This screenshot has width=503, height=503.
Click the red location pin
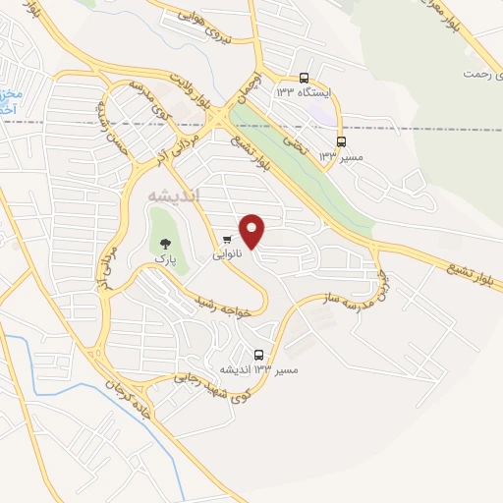(x=253, y=231)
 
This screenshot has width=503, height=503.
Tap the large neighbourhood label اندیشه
(x=173, y=196)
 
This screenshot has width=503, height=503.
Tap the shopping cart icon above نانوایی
(x=227, y=239)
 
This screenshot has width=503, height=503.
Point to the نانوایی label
(x=228, y=253)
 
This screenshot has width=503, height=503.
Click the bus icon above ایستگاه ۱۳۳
(x=304, y=79)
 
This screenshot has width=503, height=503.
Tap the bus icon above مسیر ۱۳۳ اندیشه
(x=259, y=355)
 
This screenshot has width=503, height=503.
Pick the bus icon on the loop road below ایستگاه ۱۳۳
(x=341, y=141)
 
